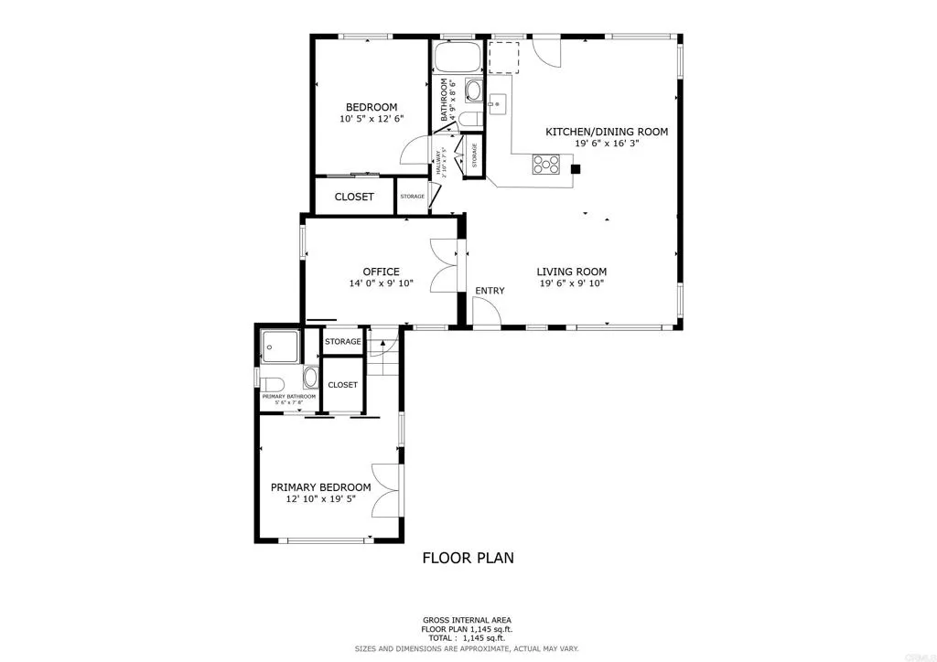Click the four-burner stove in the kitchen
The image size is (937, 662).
coord(546,165)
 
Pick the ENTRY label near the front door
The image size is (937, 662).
coord(490,291)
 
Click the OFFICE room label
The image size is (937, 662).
coord(381,272)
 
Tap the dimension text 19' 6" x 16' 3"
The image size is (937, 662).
coord(607,144)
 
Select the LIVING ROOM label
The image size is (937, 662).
coord(571,272)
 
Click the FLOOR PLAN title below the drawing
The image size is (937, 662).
coord(468,557)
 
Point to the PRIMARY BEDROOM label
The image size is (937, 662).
coord(320,487)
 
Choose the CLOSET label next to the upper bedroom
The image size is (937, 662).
coord(354,197)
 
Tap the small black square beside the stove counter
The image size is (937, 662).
coord(576,168)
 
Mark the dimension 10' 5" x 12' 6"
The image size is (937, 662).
coord(371,119)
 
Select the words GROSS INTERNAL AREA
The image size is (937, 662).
coord(468,619)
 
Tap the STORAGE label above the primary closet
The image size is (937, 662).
coord(343,342)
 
